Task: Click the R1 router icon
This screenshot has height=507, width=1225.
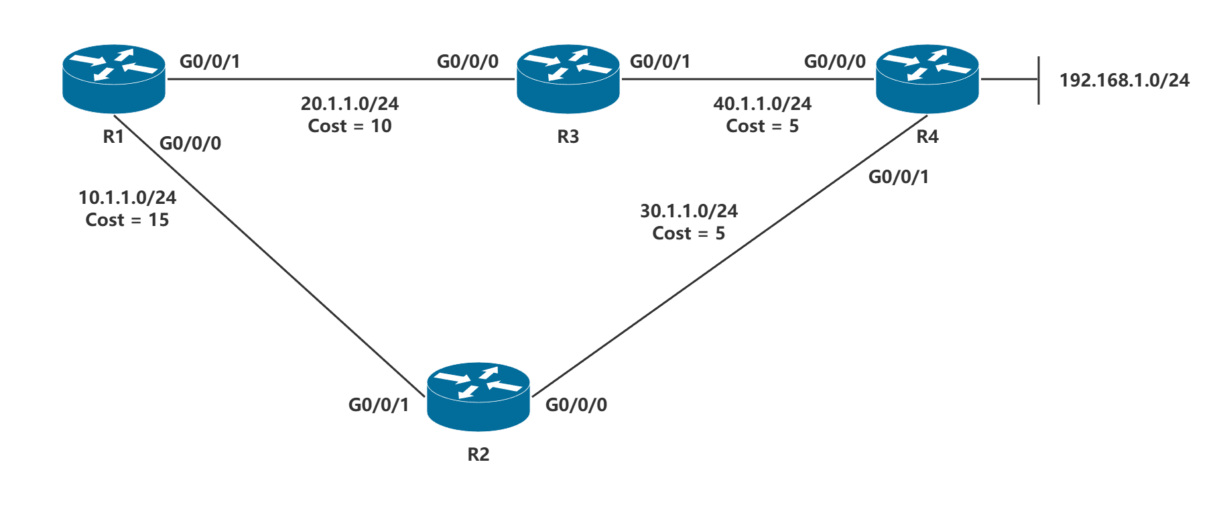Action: point(113,78)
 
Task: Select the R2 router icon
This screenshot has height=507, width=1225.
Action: point(478,396)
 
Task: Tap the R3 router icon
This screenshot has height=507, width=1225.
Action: point(568,78)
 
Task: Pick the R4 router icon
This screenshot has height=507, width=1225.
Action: point(927,78)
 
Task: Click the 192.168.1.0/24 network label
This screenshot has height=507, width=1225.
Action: point(1124,80)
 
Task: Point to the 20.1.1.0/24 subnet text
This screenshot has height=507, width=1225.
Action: point(349,104)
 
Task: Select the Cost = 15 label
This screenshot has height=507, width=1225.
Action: point(127,220)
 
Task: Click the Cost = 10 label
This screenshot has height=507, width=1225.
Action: point(349,126)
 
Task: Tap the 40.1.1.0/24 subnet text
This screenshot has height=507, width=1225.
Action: point(762,104)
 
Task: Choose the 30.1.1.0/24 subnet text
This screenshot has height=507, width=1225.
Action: point(688,211)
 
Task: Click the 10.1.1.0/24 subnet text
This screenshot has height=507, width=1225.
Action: point(127,198)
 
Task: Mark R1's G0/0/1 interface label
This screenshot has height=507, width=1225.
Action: point(209,62)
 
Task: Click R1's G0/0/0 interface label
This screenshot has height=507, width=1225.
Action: point(190,144)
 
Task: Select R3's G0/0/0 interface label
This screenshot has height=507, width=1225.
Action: point(467,62)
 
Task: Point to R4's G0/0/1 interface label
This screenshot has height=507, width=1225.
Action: point(898,177)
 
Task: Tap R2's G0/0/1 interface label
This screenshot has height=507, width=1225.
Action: point(378,405)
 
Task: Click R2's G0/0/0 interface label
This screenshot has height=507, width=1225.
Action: point(576,405)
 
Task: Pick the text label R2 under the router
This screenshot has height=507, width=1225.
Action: point(478,455)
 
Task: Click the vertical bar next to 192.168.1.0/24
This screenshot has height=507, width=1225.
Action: point(1038,80)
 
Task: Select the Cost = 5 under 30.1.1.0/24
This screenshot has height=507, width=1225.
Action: point(688,233)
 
